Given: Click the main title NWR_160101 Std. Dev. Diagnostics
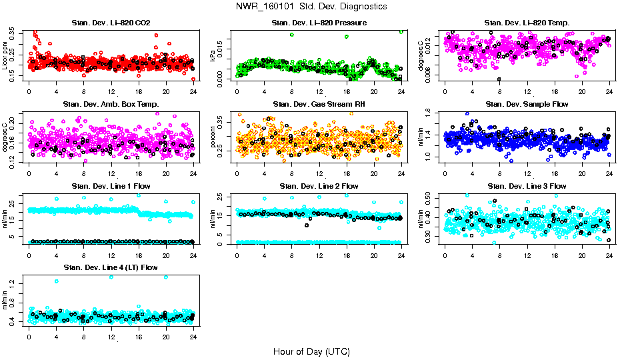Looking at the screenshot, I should coord(311,6).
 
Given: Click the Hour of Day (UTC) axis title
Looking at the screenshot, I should coord(311,351).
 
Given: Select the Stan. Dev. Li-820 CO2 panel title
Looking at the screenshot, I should coord(111,23).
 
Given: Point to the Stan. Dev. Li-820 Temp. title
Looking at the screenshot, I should coord(527,23).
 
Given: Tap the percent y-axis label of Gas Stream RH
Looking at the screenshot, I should coord(213,137).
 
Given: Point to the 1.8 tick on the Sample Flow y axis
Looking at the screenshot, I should coord(430,113).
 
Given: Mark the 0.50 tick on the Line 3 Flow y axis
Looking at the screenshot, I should coord(430,198).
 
